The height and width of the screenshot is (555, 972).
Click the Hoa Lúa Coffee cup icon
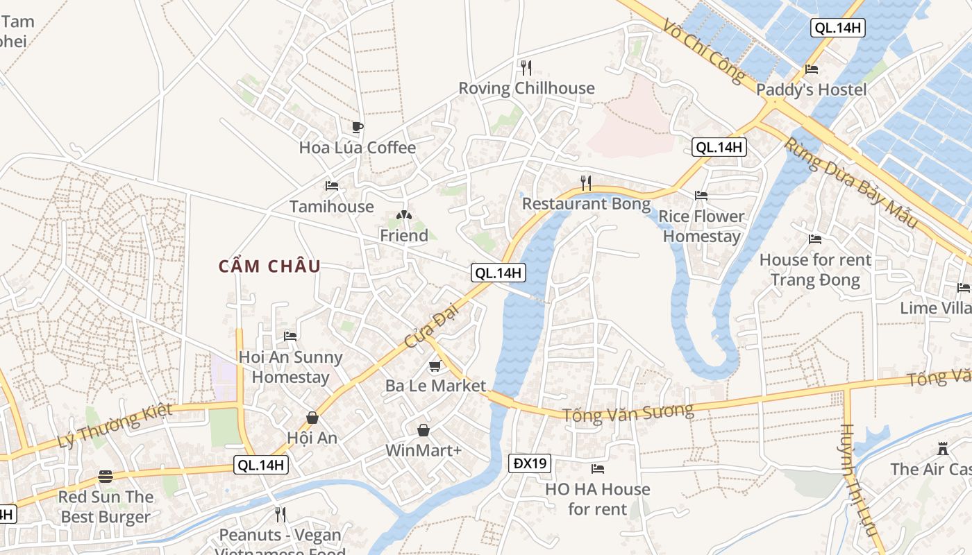tap(357, 127)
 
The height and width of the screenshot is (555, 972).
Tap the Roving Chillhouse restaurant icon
tap(526, 67)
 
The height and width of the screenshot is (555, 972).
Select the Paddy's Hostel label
tap(811, 89)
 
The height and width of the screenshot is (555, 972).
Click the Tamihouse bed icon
tap(332, 186)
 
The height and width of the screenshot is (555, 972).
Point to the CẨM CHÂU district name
tap(269, 266)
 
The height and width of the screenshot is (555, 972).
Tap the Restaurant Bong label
tap(586, 204)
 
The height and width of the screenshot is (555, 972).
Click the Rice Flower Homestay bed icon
tap(701, 196)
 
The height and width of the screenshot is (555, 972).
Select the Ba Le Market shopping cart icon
tap(435, 366)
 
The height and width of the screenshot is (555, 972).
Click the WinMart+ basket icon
tap(424, 431)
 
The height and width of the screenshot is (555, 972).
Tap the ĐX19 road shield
tap(529, 463)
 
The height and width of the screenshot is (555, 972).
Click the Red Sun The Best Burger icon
tap(106, 477)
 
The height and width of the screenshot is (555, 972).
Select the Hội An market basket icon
tap(312, 418)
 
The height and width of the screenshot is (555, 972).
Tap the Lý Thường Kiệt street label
tap(115, 426)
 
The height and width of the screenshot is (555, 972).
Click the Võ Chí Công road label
tap(703, 51)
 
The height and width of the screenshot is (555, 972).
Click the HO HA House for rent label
tap(597, 499)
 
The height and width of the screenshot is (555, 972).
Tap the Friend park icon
tap(403, 216)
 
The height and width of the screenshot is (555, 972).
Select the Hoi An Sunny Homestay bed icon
tap(290, 336)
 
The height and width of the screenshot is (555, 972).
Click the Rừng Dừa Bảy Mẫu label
tap(850, 183)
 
